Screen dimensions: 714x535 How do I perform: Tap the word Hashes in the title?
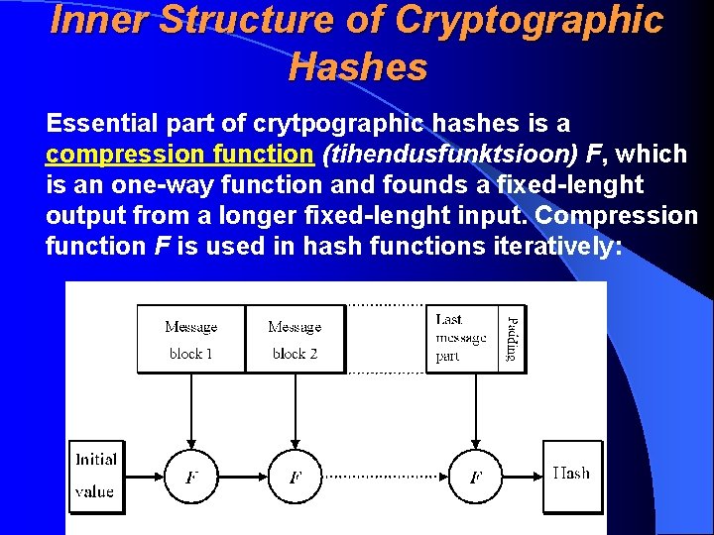(358, 67)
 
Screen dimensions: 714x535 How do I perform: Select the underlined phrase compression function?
(178, 154)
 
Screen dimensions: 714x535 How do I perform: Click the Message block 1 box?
(190, 339)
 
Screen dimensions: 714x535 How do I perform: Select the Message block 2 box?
(295, 339)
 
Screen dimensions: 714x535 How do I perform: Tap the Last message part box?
(463, 338)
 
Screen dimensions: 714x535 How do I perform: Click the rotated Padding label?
(512, 338)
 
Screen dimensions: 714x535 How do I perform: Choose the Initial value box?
(96, 476)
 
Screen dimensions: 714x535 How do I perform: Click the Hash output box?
(572, 476)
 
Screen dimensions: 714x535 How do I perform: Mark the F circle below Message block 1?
(190, 477)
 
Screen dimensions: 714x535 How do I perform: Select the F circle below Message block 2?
(295, 477)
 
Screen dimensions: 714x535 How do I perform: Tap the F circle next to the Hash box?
(475, 477)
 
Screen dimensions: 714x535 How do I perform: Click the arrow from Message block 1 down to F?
(190, 411)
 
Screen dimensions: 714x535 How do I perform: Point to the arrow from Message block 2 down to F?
(295, 411)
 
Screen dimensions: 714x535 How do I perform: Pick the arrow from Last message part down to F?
(475, 411)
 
